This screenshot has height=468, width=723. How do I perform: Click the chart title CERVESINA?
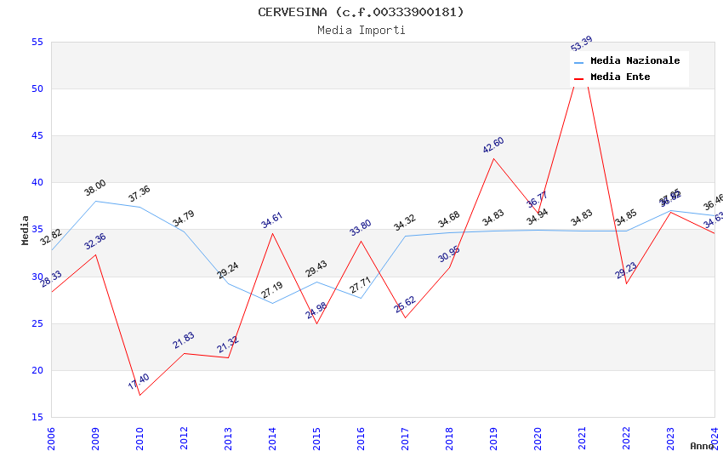pyautogui.click(x=361, y=12)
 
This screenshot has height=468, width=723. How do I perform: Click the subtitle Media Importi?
pyautogui.click(x=361, y=30)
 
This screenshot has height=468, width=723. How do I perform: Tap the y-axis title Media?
pyautogui.click(x=26, y=230)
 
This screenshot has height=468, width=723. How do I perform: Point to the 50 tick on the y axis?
pyautogui.click(x=37, y=88)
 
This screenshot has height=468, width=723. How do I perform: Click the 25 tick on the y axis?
pyautogui.click(x=37, y=323)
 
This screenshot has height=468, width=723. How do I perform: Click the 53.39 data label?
pyautogui.click(x=582, y=43)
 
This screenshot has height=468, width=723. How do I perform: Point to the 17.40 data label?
pyautogui.click(x=139, y=382)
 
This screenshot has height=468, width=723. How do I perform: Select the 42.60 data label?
pyautogui.click(x=493, y=145)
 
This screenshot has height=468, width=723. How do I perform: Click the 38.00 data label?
pyautogui.click(x=95, y=188)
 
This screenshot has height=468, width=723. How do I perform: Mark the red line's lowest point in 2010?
pyautogui.click(x=139, y=395)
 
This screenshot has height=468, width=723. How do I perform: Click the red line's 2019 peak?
pyautogui.click(x=493, y=158)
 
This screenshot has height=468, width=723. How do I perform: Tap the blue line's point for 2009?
pyautogui.click(x=95, y=201)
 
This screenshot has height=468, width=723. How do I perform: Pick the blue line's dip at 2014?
pyautogui.click(x=272, y=303)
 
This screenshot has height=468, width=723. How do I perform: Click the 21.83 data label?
pyautogui.click(x=184, y=340)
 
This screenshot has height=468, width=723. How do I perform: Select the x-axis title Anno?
pyautogui.click(x=703, y=446)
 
